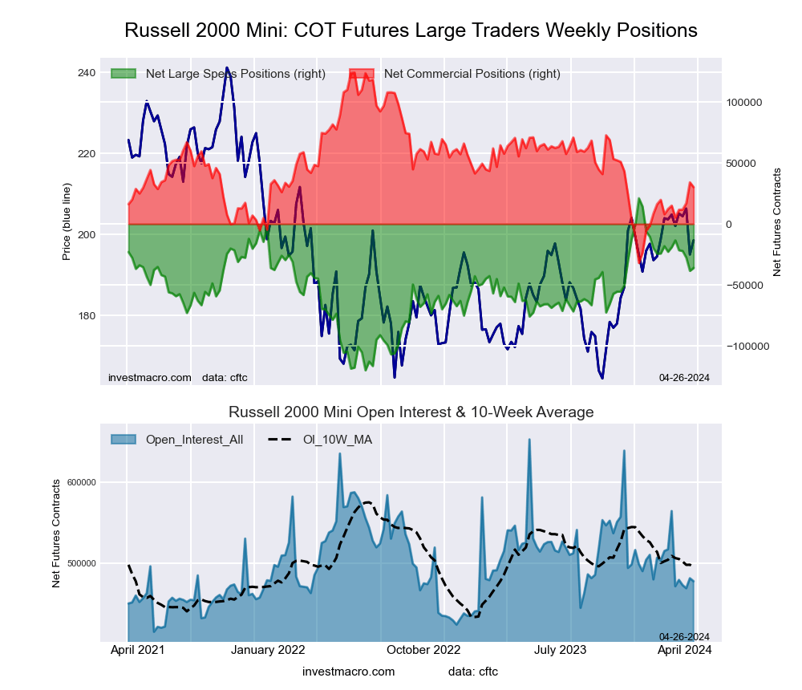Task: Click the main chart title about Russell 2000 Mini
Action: (411, 30)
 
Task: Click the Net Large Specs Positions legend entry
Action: (235, 74)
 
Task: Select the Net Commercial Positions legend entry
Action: (472, 74)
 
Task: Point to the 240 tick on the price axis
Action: (86, 73)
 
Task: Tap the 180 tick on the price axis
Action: (86, 315)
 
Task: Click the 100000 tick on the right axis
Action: (743, 103)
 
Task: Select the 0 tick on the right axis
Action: (729, 225)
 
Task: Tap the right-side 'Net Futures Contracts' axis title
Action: (776, 222)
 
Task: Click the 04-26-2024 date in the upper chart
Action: (684, 378)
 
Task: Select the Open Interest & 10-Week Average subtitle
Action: (411, 412)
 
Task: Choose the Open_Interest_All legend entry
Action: (193, 440)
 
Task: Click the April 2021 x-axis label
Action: (137, 650)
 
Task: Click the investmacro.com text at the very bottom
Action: (349, 672)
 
